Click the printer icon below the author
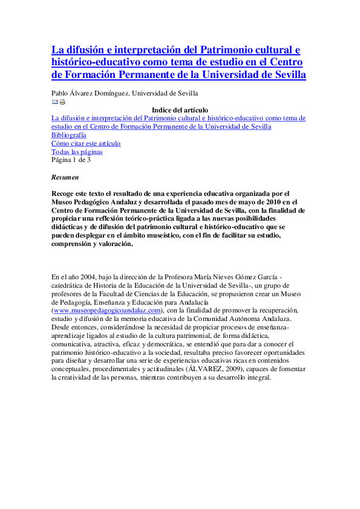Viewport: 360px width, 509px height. coord(62,102)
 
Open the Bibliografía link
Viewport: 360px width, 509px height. coord(68,135)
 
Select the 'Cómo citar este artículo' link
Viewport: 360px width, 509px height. coord(86,143)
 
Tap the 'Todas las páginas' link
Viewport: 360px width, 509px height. coord(77,152)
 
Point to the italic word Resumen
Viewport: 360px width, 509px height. coord(65,178)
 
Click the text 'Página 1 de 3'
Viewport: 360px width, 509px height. coord(71,160)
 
